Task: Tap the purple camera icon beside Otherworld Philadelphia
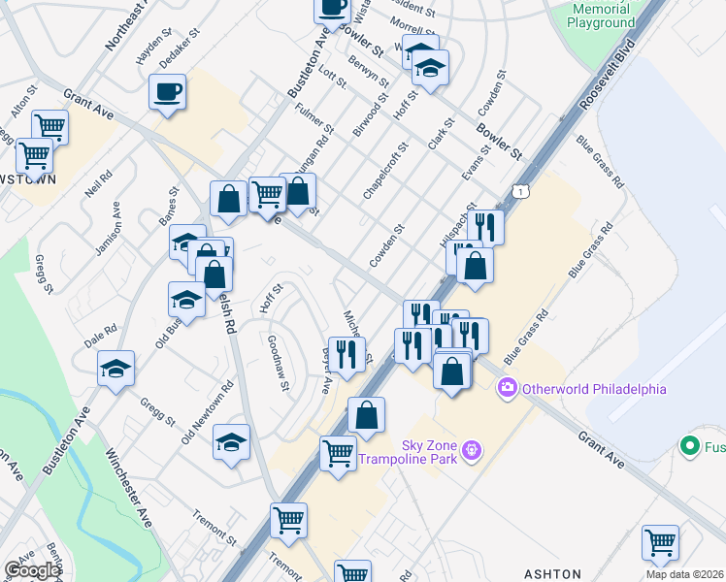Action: point(507,389)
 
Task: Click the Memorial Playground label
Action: point(602,16)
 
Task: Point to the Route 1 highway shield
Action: point(523,190)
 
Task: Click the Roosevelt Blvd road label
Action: point(604,74)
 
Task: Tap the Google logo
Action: point(32,569)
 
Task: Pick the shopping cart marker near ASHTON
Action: point(660,541)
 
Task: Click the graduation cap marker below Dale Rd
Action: point(115,369)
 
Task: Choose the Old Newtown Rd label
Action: point(208,412)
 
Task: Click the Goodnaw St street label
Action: point(278,362)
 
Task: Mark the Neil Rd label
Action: point(98,183)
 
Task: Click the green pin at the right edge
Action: point(690,446)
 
